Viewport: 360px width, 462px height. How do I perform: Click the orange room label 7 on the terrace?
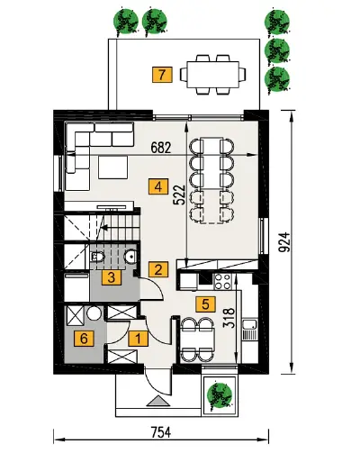click(162, 75)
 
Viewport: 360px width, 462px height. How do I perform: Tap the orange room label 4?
click(158, 187)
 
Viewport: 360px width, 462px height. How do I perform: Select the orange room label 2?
click(158, 269)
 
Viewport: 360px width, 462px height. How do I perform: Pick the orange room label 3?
click(112, 277)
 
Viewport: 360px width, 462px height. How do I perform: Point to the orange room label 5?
click(205, 304)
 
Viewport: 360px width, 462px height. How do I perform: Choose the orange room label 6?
click(84, 339)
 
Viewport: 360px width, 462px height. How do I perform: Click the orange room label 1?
click(139, 339)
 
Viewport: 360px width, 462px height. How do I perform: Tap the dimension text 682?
click(161, 148)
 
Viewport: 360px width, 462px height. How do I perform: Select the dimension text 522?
click(180, 195)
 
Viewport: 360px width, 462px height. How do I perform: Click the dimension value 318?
click(229, 319)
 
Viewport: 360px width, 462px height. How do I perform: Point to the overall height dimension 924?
click(284, 242)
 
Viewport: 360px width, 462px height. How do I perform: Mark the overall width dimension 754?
click(161, 432)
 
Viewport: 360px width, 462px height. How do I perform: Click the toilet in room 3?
click(98, 257)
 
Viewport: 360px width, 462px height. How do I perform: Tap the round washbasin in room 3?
click(130, 256)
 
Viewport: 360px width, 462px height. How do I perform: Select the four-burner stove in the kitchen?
click(222, 282)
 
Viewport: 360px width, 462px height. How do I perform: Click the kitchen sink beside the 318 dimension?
click(249, 329)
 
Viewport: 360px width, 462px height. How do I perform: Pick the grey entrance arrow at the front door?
click(158, 401)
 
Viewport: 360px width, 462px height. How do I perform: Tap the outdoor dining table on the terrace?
click(213, 75)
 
